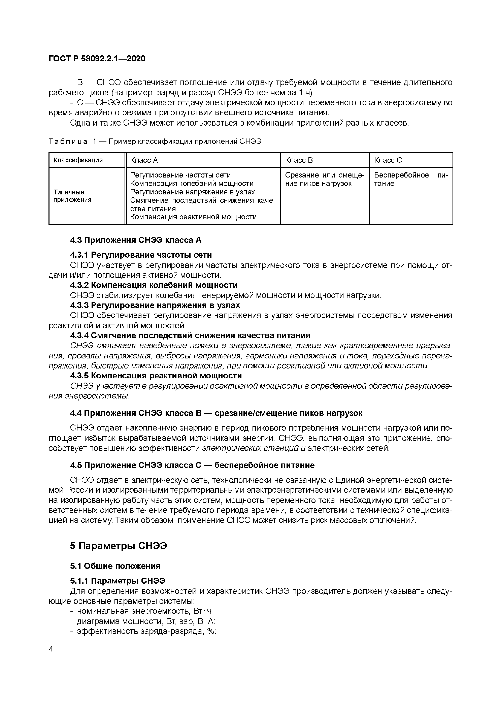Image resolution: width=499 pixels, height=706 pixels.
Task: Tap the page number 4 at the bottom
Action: (x=51, y=649)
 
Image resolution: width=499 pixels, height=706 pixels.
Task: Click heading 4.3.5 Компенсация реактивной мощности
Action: (x=156, y=376)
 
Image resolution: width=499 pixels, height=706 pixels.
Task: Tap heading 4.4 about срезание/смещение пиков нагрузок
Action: (x=216, y=413)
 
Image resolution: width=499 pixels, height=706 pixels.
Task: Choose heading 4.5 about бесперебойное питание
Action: (x=192, y=465)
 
